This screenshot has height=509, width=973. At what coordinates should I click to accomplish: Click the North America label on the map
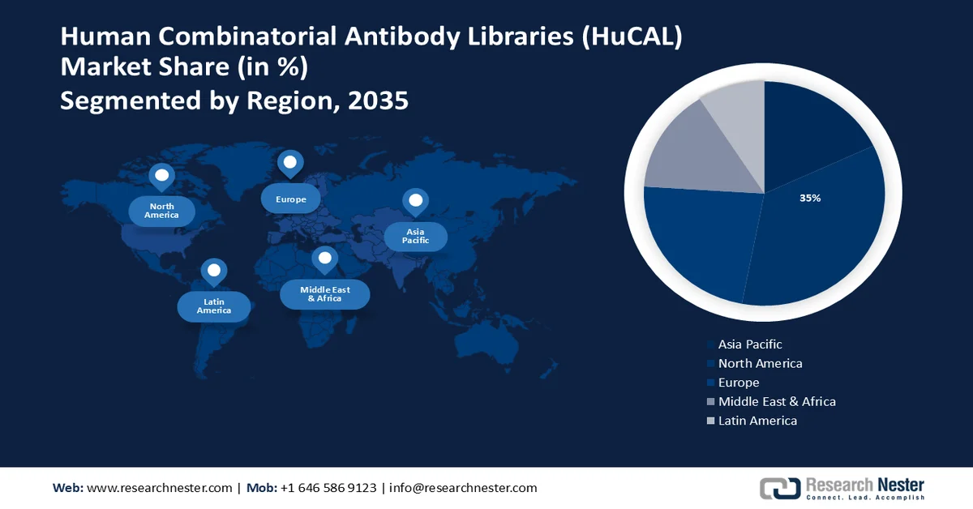point(161,211)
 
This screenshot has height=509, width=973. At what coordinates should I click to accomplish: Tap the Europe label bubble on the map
point(290,199)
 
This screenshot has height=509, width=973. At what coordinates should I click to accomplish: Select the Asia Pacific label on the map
point(415,236)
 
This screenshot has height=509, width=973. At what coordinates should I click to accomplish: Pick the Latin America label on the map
point(214,306)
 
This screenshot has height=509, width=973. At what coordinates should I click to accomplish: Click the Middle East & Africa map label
point(324,293)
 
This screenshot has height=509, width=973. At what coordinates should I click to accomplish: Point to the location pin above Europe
point(290,163)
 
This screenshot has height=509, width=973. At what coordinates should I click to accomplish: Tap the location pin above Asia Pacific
point(416,200)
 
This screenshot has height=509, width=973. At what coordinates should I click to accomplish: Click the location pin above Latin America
point(214,271)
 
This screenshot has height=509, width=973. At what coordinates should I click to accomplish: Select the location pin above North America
point(162,176)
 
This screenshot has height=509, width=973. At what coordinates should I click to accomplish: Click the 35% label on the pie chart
point(810,198)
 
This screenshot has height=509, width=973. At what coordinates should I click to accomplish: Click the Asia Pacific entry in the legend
point(749,344)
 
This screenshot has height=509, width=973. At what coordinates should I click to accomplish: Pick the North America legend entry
point(760,363)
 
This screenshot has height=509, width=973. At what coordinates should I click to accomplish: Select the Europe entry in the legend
point(738,383)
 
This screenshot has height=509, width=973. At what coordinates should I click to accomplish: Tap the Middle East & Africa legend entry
point(776,401)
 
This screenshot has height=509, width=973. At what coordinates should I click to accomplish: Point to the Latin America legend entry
point(757,421)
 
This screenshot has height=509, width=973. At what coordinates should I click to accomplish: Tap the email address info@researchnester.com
point(463,488)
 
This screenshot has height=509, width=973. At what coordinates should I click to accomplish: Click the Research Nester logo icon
point(779,488)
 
